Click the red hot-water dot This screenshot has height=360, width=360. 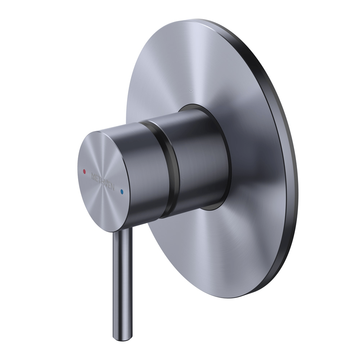84,172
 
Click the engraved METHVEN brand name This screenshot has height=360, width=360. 103,182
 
